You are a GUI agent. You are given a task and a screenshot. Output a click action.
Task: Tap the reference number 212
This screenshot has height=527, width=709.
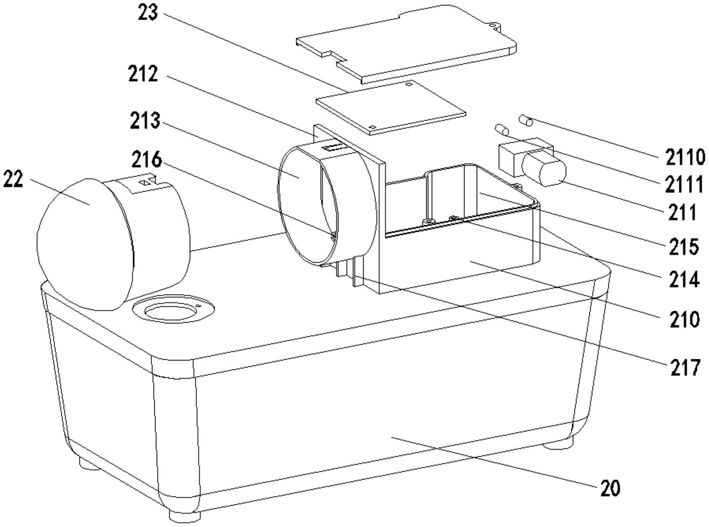143,74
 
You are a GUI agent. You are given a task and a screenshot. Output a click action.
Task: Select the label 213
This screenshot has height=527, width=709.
145,121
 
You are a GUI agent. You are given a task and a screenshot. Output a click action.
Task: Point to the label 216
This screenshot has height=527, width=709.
147,160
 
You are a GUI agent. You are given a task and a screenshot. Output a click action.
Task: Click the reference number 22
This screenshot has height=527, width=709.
13,179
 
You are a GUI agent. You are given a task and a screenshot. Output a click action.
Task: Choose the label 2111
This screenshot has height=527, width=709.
684,185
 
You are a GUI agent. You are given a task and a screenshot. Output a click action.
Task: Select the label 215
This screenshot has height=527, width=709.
684,247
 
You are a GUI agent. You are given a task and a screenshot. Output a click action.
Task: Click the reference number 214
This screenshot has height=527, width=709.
684,279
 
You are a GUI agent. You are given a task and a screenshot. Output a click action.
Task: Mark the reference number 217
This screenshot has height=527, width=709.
686,368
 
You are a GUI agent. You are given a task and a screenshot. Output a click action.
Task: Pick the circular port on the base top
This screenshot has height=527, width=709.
173,308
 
